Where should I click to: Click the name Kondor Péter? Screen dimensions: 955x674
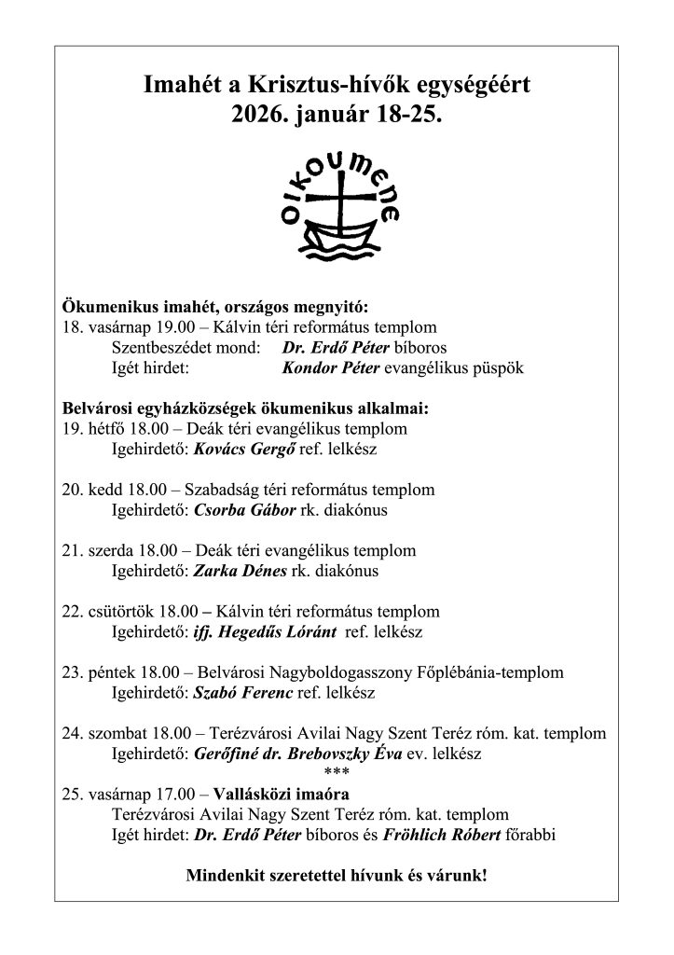327,367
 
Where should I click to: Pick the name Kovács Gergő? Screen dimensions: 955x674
241,449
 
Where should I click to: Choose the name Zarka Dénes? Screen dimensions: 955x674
241,571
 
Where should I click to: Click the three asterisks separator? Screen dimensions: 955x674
336,772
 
